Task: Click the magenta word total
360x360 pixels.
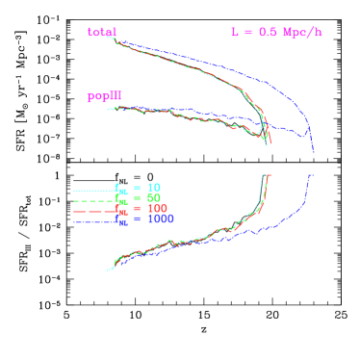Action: [x=101, y=32]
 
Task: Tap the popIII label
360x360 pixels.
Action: [x=104, y=96]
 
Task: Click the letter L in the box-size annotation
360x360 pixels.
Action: [x=234, y=32]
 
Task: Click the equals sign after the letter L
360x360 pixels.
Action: [x=247, y=32]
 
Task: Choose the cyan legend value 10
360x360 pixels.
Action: [x=154, y=187]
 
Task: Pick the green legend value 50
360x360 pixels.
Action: [x=154, y=197]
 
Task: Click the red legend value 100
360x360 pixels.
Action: [x=157, y=208]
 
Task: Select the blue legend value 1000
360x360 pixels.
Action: [x=160, y=219]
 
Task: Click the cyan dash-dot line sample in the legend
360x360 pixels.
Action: [x=93, y=191]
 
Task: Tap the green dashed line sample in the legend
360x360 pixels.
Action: [x=93, y=201]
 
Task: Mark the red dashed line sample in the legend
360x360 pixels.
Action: [x=93, y=212]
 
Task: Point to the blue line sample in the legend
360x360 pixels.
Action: [x=93, y=222]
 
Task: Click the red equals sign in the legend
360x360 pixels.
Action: [x=138, y=208]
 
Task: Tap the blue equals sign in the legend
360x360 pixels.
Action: [x=138, y=219]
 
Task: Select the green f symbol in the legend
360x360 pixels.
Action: [x=118, y=197]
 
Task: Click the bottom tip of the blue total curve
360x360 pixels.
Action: [x=313, y=150]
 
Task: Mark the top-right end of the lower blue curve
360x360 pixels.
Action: [x=312, y=175]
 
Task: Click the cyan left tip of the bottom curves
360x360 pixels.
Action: [x=108, y=270]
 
